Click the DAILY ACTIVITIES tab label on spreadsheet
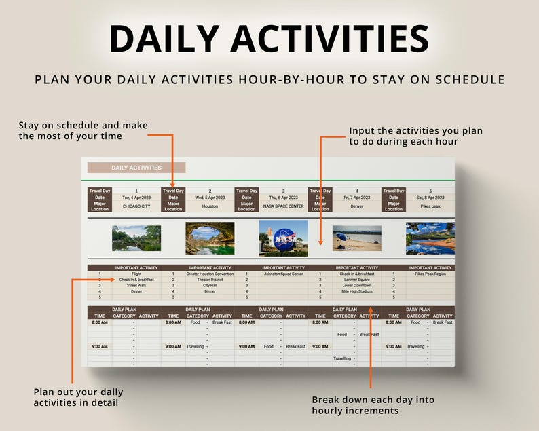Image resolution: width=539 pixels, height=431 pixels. point(136,168)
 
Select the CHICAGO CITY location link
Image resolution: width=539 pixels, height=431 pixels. point(136,206)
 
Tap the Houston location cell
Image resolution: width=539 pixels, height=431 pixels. point(210,206)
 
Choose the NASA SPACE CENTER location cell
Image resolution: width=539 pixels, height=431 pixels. point(283,206)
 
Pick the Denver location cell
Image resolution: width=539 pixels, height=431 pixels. point(356,206)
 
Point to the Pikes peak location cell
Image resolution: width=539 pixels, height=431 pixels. point(430,206)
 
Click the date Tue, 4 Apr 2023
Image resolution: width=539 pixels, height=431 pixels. point(136,198)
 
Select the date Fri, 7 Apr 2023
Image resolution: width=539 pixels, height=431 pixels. point(356,198)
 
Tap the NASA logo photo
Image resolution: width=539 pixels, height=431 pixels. point(283,238)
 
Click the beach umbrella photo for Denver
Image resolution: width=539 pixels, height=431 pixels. point(356,238)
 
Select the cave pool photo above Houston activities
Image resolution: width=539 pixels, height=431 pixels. point(210,238)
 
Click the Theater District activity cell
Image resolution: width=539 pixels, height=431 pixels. point(210,280)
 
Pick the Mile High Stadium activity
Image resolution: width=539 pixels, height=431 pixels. point(356,291)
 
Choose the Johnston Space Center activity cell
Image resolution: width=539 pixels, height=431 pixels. point(283,274)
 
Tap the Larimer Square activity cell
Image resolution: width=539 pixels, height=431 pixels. point(356,280)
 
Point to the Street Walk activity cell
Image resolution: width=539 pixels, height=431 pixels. point(136,286)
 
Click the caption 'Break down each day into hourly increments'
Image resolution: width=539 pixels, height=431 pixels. point(373,405)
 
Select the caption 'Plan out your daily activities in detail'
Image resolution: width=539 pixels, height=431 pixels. point(78,397)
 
